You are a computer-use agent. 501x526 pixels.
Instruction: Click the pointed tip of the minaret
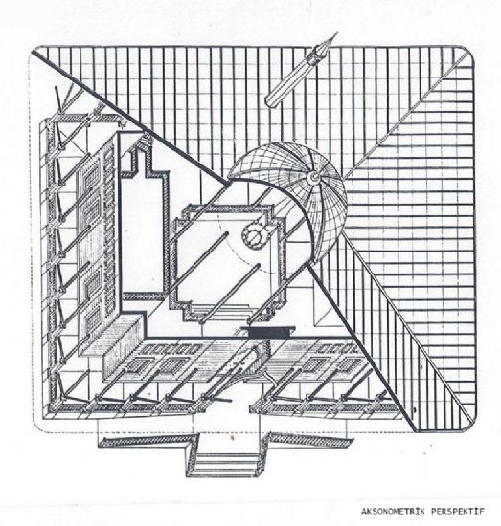tap(337, 33)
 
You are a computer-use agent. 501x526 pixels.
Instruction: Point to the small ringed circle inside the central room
tap(255, 235)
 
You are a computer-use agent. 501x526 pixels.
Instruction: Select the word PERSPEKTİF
tap(458, 512)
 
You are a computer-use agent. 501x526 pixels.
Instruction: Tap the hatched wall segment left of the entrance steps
tap(143, 442)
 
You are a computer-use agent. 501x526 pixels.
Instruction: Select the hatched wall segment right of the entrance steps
tap(310, 442)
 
